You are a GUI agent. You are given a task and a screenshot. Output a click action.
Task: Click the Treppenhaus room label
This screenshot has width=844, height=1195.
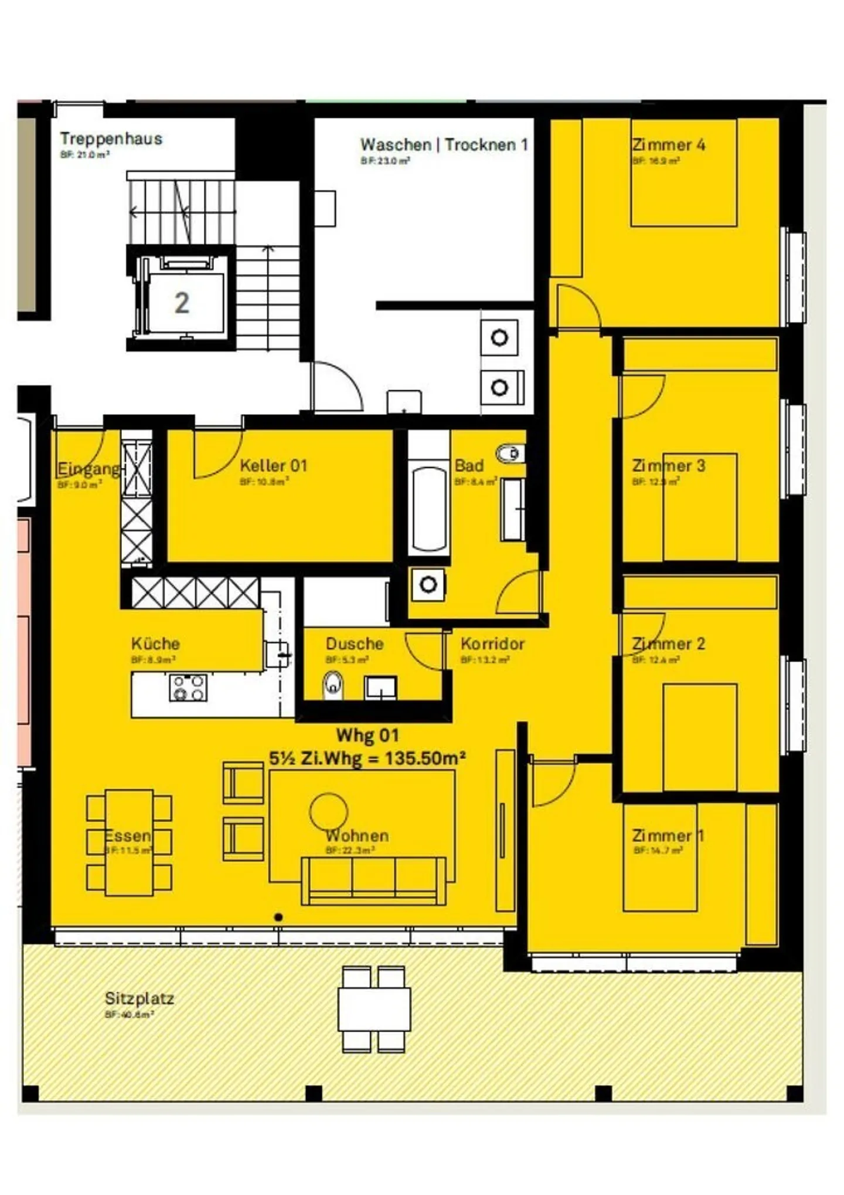(x=110, y=139)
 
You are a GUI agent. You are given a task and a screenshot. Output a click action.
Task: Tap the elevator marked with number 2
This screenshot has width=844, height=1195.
(x=182, y=303)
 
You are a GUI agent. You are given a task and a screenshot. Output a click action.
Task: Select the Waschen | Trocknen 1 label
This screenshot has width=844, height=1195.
(x=444, y=144)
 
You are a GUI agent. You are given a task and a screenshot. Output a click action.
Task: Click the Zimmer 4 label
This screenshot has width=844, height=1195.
(x=668, y=144)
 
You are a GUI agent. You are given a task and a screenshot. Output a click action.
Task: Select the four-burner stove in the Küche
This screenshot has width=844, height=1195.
(x=188, y=688)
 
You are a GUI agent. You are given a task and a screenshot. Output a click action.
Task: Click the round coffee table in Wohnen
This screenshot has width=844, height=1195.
(x=328, y=812)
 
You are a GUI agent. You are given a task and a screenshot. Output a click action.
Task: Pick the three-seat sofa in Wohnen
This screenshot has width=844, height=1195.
(x=373, y=880)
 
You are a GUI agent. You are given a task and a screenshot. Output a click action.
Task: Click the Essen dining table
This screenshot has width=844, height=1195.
(x=129, y=842)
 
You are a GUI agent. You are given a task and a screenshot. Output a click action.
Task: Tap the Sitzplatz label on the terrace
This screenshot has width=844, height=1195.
(x=139, y=998)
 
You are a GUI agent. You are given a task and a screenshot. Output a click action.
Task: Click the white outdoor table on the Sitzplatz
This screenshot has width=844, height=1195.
(x=374, y=1009)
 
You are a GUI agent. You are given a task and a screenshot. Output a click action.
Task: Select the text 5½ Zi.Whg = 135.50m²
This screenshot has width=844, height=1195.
(x=367, y=758)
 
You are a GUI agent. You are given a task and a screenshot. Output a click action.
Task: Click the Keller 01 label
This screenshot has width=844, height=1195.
(x=273, y=466)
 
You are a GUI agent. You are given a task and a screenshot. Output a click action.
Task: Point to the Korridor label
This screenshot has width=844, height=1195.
(x=492, y=644)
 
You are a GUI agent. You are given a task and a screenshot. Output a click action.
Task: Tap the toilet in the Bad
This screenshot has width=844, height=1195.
(x=510, y=453)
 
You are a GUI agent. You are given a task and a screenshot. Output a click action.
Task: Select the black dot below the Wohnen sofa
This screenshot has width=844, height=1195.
(x=278, y=917)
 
